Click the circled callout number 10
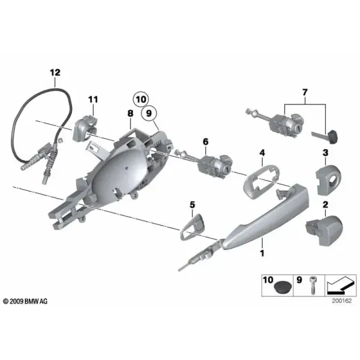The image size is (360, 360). point(141,100)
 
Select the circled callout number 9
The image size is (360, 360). point(149,113)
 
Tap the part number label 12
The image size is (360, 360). point(55,73)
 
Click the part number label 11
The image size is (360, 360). point(93,100)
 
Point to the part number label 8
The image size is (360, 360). point(130,113)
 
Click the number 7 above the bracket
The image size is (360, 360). point(305,92)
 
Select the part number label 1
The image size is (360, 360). point(262,253)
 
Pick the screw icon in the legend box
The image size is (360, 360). point(312,285)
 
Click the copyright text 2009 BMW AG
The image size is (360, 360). point(25,301)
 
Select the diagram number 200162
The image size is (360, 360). point(341,301)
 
